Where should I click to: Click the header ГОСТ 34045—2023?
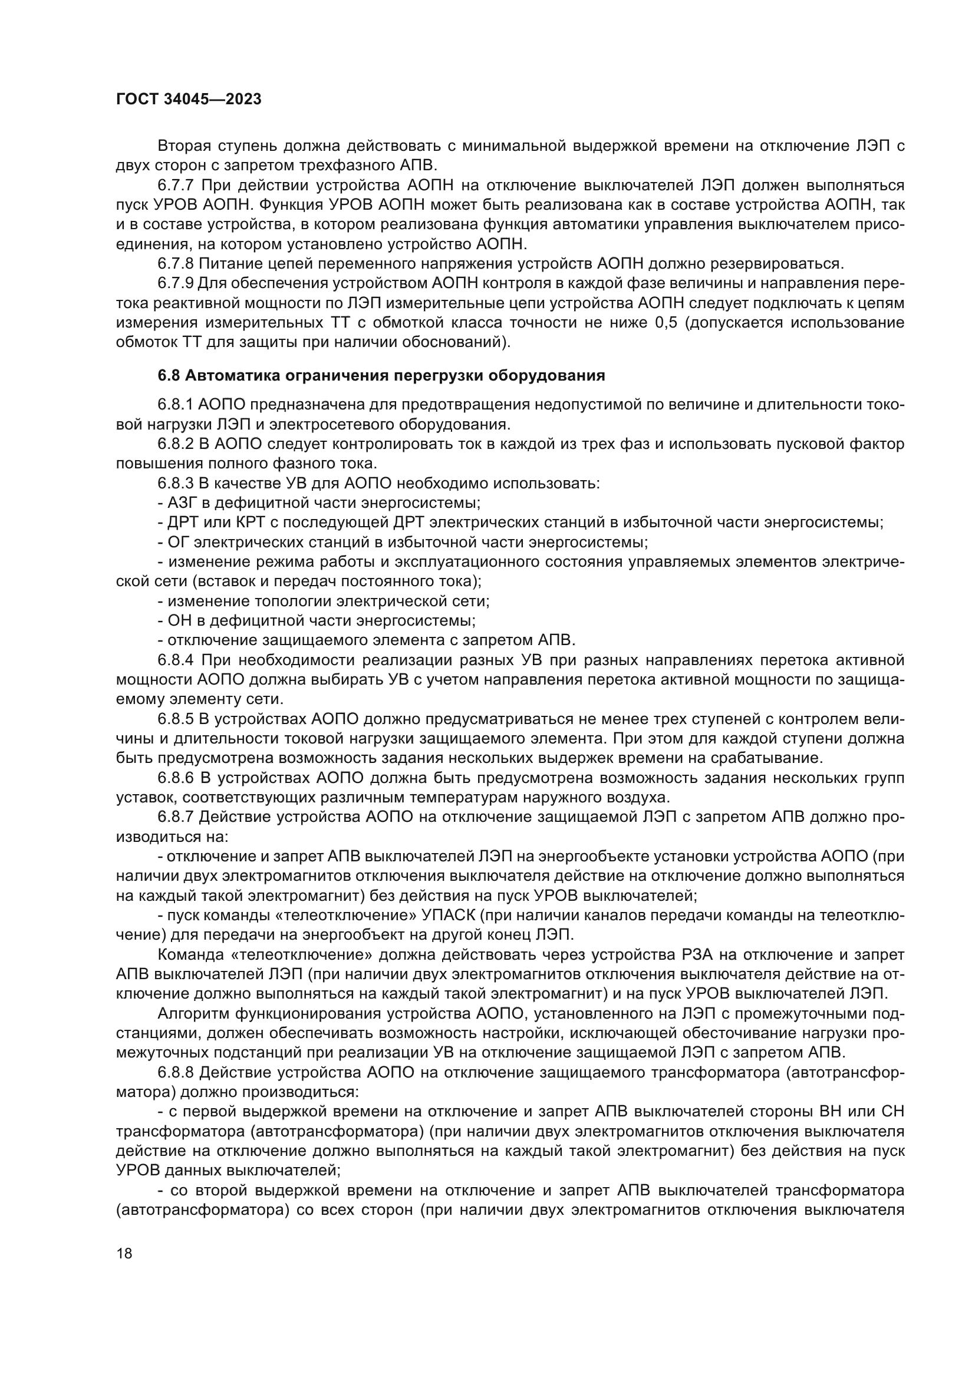click(x=189, y=100)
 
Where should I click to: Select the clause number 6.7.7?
click(x=176, y=186)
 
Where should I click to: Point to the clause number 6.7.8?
click(x=176, y=264)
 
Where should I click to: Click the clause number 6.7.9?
click(x=176, y=284)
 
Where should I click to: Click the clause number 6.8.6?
click(x=176, y=778)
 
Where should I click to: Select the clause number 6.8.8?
click(x=176, y=1072)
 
